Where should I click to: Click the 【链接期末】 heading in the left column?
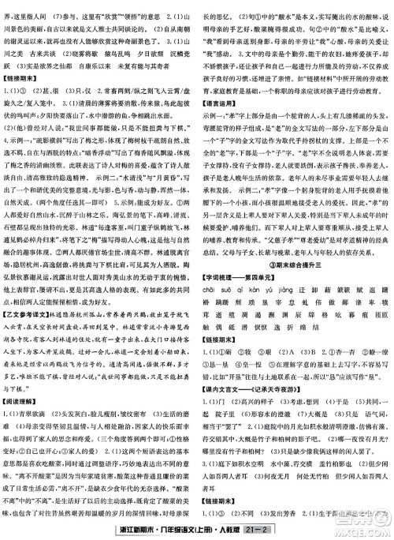tap(24, 72)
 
